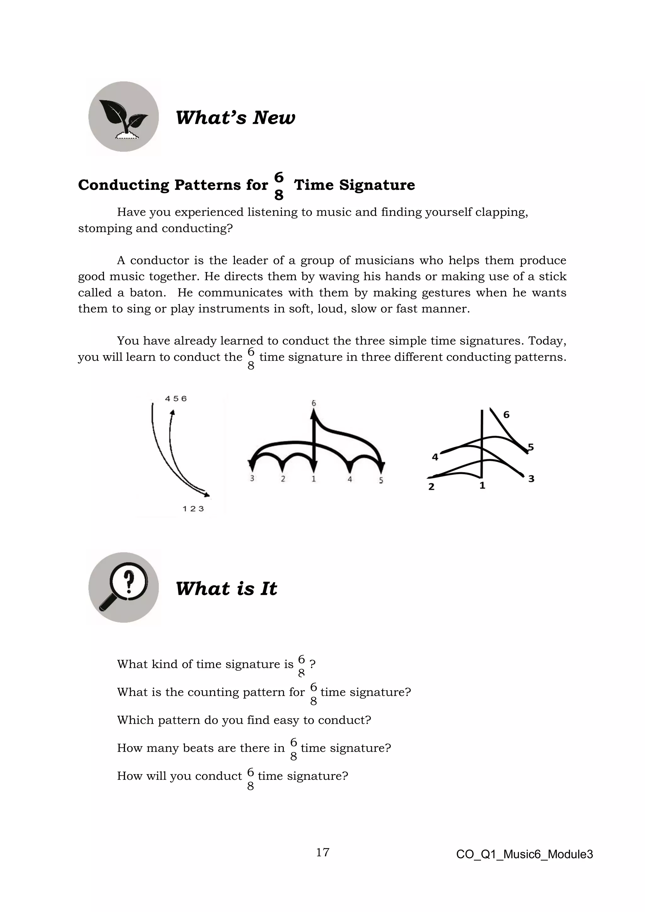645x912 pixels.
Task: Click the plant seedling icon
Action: click(x=123, y=117)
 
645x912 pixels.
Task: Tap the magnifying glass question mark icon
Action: click(x=123, y=587)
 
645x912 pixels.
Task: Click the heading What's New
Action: click(x=235, y=117)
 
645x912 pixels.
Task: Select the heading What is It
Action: click(x=226, y=588)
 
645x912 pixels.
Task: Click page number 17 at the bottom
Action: click(x=322, y=852)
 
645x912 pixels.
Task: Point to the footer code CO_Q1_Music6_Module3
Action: click(x=524, y=854)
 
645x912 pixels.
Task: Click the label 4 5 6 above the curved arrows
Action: click(x=175, y=398)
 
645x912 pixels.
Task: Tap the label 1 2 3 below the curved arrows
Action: click(x=193, y=509)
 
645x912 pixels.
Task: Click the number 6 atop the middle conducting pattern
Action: click(x=313, y=403)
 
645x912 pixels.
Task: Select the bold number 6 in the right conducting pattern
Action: click(x=506, y=415)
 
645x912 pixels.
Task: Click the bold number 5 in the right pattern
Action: click(x=531, y=447)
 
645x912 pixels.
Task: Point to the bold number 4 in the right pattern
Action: click(x=435, y=457)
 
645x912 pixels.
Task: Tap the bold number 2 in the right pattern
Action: click(x=431, y=487)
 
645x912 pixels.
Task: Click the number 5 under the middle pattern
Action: click(x=381, y=480)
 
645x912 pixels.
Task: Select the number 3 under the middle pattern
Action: click(x=252, y=478)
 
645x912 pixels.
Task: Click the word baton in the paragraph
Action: click(x=147, y=293)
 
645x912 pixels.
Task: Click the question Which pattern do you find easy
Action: click(x=244, y=720)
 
